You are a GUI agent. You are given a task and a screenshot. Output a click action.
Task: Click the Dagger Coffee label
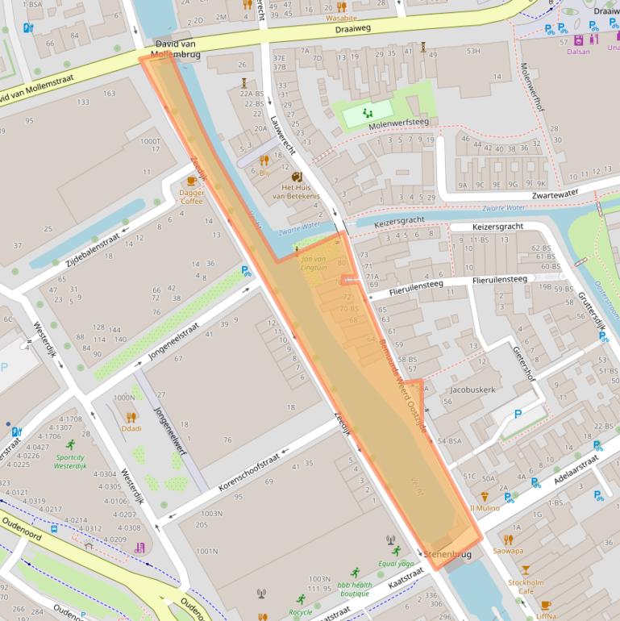click(192, 197)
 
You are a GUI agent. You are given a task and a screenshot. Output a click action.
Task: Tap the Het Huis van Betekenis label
click(296, 191)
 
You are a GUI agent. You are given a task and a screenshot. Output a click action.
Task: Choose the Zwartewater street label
click(560, 194)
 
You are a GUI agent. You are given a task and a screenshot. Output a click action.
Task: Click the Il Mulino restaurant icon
click(485, 497)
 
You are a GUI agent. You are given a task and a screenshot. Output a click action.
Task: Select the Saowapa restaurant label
click(508, 552)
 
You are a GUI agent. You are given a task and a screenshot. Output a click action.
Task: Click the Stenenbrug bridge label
click(447, 555)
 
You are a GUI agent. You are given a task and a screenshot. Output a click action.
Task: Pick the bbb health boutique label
click(355, 590)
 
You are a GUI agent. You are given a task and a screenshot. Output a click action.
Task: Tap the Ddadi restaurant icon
click(131, 417)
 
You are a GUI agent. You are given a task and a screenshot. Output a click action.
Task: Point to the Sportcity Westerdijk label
click(70, 461)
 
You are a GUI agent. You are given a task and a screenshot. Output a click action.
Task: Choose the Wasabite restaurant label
click(341, 17)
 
